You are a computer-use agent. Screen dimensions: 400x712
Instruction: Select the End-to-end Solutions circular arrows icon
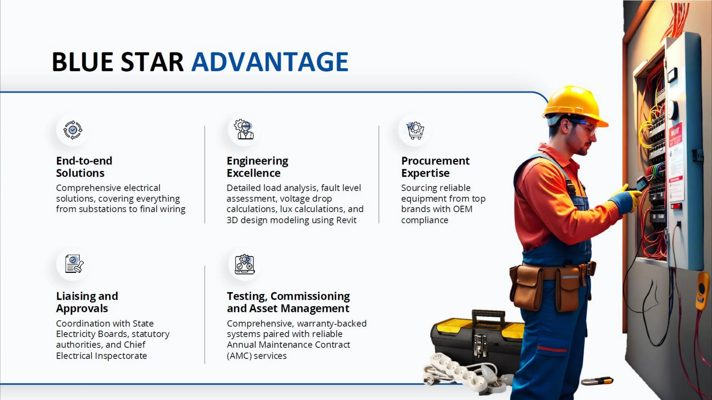click(73, 130)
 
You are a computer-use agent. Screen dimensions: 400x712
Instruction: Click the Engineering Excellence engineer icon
click(244, 129)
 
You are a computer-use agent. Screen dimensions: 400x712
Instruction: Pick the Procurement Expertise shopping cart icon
click(415, 130)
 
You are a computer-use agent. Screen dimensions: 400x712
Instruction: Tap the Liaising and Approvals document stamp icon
click(74, 264)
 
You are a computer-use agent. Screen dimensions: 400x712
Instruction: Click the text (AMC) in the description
click(239, 356)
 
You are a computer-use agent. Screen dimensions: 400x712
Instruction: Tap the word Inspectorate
click(121, 356)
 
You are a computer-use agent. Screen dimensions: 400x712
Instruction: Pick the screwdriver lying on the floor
click(597, 381)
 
